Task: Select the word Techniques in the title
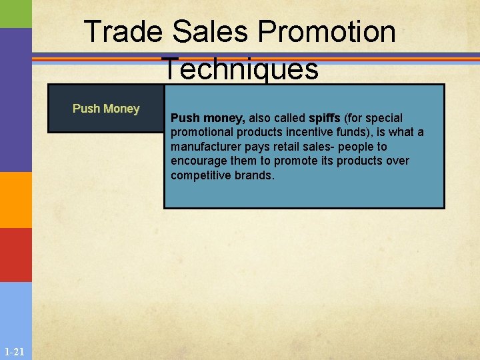tap(240, 68)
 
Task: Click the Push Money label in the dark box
tap(106, 109)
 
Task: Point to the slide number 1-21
tap(13, 351)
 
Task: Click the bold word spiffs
tap(325, 118)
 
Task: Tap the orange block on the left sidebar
tap(15, 200)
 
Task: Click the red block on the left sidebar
tap(15, 255)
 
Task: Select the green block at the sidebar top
tap(15, 13)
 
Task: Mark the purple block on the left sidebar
tap(15, 100)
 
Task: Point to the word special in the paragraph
tap(383, 118)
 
